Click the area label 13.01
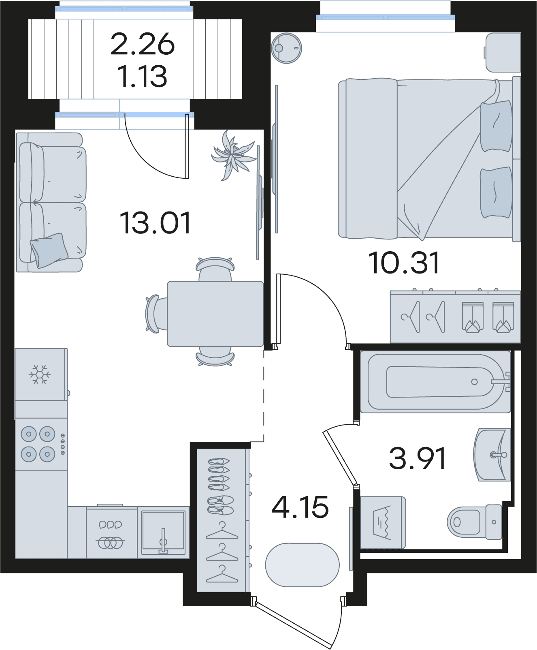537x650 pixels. coord(155,223)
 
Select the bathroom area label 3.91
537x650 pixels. coord(417,458)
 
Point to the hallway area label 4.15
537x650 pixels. coord(300,507)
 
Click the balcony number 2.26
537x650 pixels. coord(143,44)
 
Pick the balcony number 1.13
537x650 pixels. coord(143,76)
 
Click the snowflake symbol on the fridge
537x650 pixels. coord(39,374)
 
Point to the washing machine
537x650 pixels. coord(383,522)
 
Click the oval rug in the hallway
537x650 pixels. coord(302,565)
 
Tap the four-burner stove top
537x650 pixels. coord(41,444)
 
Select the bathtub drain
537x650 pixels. coord(474,382)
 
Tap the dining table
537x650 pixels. coord(215,314)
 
